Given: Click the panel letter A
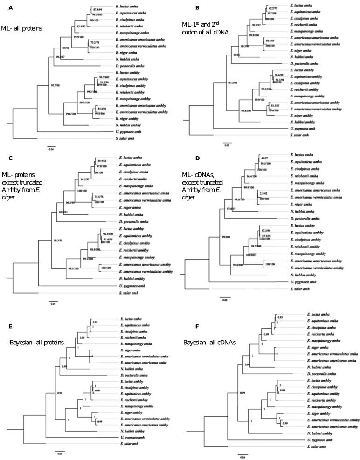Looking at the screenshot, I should (x=3, y=4).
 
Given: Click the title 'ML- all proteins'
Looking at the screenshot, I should (x=21, y=28).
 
